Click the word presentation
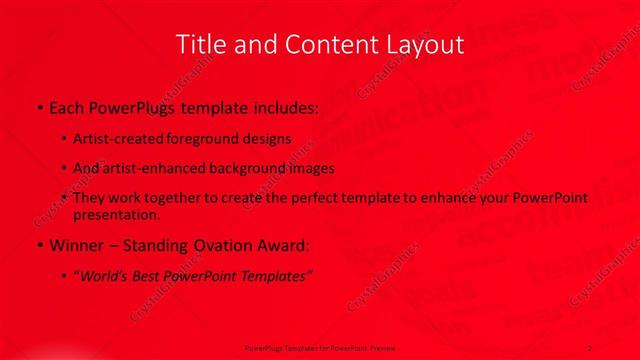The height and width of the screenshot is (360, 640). [116, 214]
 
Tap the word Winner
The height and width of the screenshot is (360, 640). [74, 245]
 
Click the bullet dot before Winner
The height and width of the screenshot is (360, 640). [37, 246]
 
